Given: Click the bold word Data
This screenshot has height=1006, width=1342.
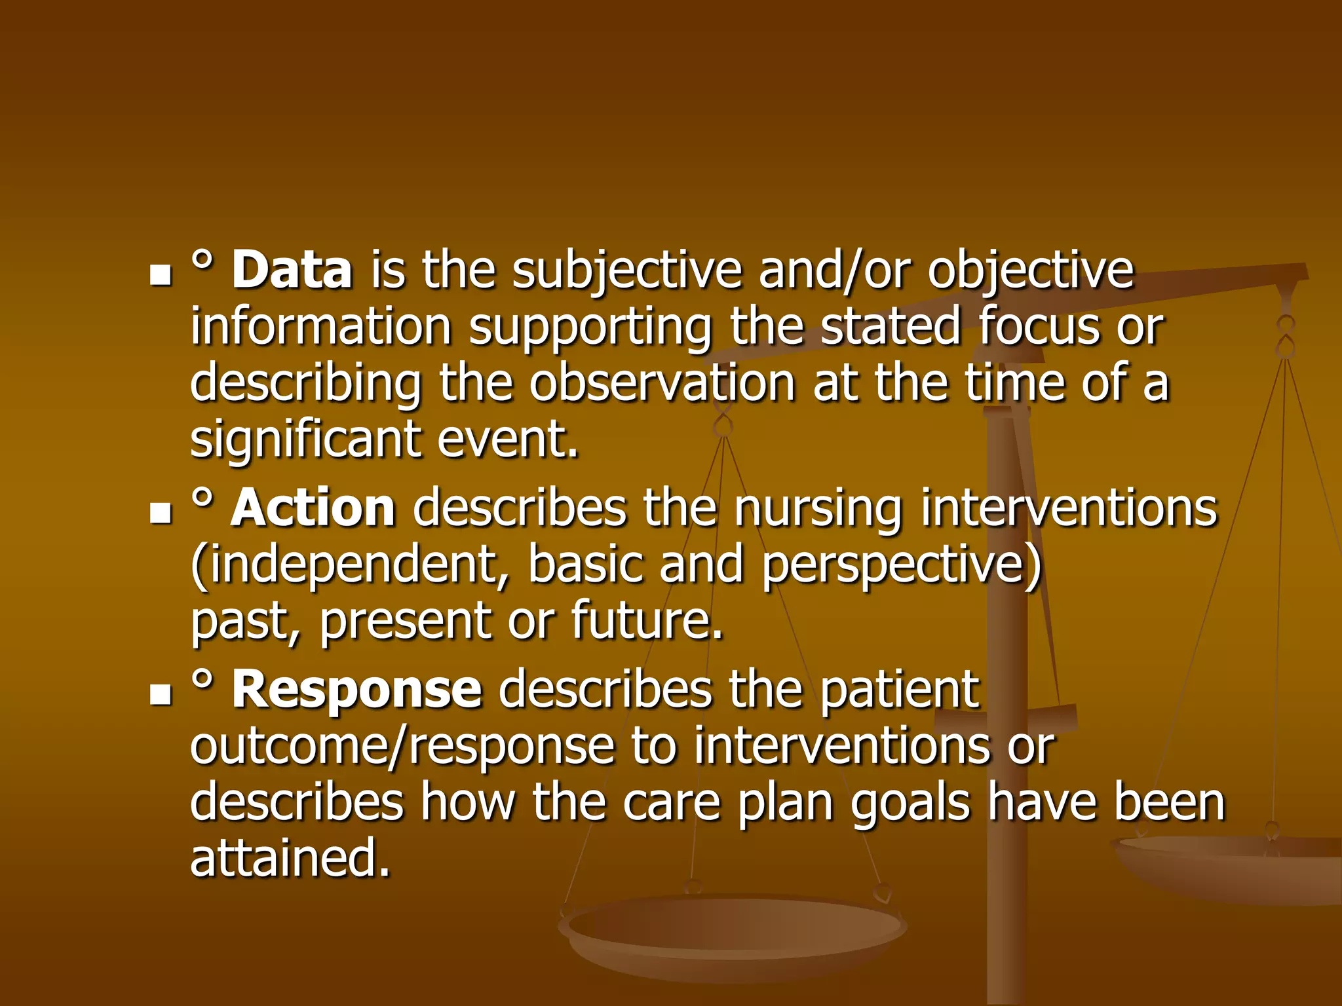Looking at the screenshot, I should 292,270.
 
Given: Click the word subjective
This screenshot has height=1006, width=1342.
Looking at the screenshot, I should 627,271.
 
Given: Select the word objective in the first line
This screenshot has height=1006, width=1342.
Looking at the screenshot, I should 1030,271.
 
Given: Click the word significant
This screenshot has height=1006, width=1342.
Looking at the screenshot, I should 305,440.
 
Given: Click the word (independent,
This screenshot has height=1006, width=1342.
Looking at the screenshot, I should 351,565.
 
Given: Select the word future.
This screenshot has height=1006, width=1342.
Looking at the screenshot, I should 646,620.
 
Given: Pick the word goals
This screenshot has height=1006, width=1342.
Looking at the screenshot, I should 910,804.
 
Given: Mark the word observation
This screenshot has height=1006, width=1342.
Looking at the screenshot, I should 662,383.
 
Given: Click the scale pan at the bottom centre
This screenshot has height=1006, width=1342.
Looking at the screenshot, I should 734,930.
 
